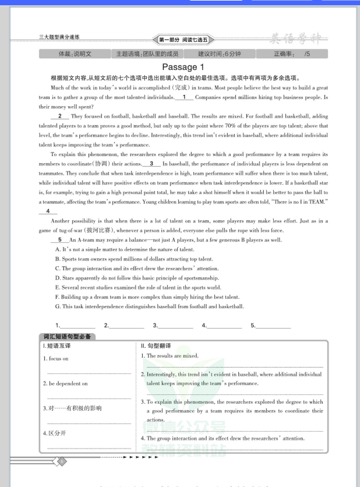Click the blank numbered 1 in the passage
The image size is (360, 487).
pyautogui.click(x=184, y=97)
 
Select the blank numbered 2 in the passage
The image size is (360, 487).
pyautogui.click(x=60, y=116)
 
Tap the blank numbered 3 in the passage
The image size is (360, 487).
pyautogui.click(x=151, y=164)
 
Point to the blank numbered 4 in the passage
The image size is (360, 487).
pyautogui.click(x=48, y=211)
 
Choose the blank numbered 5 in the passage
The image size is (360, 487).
pyautogui.click(x=60, y=239)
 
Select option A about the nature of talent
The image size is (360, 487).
pyautogui.click(x=124, y=249)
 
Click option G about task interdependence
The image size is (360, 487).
pyautogui.click(x=149, y=306)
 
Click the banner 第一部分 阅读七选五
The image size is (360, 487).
pyautogui.click(x=183, y=40)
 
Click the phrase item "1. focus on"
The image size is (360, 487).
pyautogui.click(x=56, y=358)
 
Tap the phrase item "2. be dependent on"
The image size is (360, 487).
pyautogui.click(x=65, y=383)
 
